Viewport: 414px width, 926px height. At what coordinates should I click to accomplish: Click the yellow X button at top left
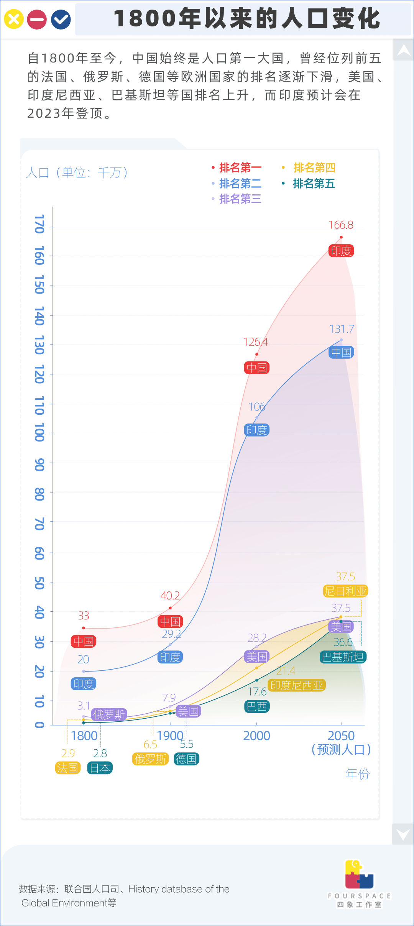13,19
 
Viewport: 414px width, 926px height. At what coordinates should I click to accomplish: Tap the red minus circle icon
37,20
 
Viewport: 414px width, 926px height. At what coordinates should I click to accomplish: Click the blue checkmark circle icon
61,20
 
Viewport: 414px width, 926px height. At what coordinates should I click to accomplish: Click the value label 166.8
341,225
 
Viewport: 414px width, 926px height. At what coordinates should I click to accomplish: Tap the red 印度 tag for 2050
341,251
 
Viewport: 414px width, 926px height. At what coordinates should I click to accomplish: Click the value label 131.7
341,329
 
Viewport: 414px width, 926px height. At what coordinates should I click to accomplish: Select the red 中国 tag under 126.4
256,368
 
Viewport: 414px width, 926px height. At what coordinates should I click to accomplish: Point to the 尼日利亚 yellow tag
345,591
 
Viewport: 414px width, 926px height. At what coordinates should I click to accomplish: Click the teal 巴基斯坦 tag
343,657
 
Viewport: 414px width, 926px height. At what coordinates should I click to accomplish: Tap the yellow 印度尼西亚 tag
297,685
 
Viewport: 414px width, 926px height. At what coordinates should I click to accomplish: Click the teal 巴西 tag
257,706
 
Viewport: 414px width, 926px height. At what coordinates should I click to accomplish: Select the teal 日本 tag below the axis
100,768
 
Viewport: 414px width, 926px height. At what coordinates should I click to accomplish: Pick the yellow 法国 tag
67,768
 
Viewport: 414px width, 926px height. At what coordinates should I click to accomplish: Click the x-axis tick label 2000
256,736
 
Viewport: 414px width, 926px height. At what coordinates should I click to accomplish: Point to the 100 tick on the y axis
39,432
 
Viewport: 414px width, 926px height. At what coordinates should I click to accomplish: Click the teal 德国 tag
186,759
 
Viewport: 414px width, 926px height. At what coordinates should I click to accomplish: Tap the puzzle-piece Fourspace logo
359,875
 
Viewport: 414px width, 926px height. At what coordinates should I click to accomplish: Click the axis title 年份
357,774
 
